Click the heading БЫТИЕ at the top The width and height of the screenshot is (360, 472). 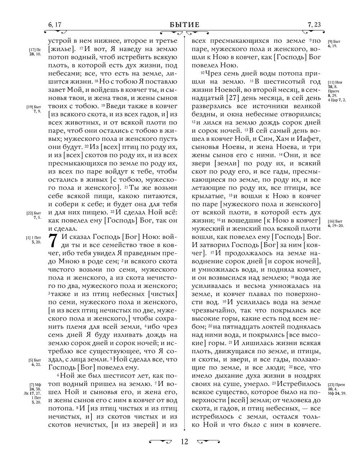click(x=184, y=25)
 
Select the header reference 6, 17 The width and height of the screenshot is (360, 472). click(x=54, y=25)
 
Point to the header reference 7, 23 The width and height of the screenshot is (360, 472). click(x=314, y=25)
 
